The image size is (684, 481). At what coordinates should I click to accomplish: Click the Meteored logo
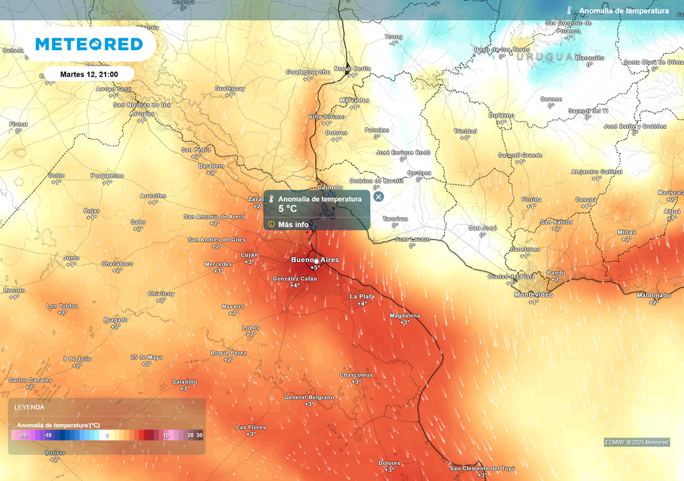coord(89,44)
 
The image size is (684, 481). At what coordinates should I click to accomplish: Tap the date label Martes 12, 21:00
coord(89,74)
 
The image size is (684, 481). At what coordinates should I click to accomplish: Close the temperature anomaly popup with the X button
coord(379,196)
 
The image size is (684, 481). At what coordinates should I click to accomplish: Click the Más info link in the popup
coord(293,224)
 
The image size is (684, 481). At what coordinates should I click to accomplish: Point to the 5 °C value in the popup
coord(288,209)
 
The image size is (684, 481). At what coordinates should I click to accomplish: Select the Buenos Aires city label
coord(315,259)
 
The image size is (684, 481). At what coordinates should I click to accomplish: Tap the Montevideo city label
coord(533,295)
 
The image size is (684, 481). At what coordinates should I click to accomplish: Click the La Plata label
coord(362,296)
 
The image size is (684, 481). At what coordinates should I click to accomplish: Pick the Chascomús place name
coord(356,375)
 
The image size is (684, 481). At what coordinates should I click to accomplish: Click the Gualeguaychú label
coord(308,71)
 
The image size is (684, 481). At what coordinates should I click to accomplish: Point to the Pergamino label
coord(107,176)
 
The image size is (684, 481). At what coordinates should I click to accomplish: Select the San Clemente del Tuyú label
coord(482,468)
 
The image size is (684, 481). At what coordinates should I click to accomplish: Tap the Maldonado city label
coord(653,295)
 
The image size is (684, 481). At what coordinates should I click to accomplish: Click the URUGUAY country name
coord(544,57)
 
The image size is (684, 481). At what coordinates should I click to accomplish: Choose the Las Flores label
coord(250,427)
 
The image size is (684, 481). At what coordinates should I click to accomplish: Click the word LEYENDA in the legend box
coord(30,407)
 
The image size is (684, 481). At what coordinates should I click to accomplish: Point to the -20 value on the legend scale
coord(23,436)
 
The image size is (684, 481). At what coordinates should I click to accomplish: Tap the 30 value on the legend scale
coord(199,436)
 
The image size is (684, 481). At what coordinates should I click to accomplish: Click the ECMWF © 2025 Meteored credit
coord(637,442)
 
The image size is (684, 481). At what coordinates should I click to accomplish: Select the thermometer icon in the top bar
coord(570,11)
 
